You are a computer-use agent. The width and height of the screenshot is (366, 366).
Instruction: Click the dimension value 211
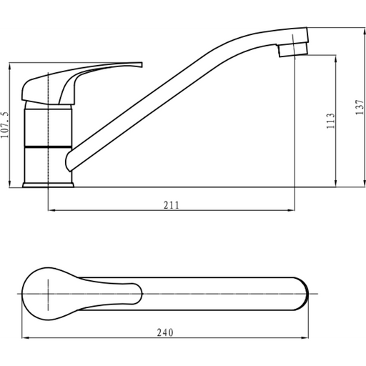[x=171, y=205]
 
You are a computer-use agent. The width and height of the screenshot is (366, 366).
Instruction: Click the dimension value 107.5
[x=6, y=127]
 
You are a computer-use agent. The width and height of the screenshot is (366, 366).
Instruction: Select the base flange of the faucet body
[x=48, y=184]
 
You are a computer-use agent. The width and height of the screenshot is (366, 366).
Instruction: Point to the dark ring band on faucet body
[x=47, y=146]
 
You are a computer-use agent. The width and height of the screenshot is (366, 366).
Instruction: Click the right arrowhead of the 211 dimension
[x=293, y=211]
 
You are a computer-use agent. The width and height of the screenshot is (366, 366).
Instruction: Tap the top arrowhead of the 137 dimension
[x=353, y=29]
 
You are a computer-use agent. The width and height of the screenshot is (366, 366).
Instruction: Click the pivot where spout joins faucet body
[x=70, y=159]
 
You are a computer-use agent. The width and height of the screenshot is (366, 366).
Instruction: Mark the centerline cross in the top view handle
[x=47, y=293]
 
